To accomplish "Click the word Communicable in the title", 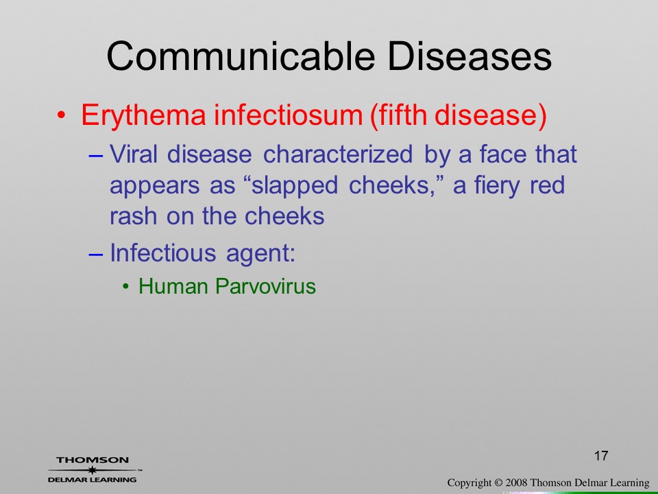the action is coord(241,56).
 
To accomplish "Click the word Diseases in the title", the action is coord(469,56).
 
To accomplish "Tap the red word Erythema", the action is coord(143,115).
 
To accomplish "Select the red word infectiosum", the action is coord(289,115).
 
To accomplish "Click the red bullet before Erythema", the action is coord(61,115).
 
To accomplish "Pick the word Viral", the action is coord(134,154).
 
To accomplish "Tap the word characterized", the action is coord(338,154).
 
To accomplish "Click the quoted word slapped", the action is coord(295,186).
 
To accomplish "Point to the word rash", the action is coord(132,216).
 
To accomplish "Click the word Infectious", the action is coord(163,253).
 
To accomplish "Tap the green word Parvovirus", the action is coord(265,287).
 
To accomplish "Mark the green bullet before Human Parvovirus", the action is coord(125,287).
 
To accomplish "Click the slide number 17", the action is coord(601,456).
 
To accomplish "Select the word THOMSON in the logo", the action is coord(93,460).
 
